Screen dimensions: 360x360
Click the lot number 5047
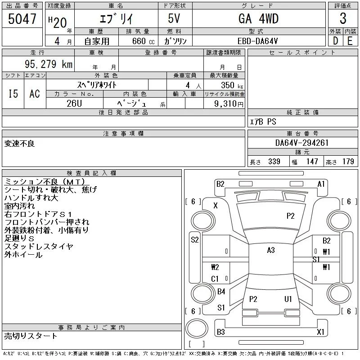pos(22,19)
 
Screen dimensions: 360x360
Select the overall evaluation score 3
pos(343,18)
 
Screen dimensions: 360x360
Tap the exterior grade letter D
pos(335,41)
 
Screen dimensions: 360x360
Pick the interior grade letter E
pos(350,41)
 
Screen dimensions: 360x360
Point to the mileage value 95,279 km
pos(49,64)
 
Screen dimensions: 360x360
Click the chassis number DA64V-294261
pos(302,143)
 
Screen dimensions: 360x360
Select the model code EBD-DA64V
pos(257,41)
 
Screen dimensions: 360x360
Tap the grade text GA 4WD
pos(258,18)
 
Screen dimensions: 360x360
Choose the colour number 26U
pos(74,103)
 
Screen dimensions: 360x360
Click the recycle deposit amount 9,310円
pos(229,104)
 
